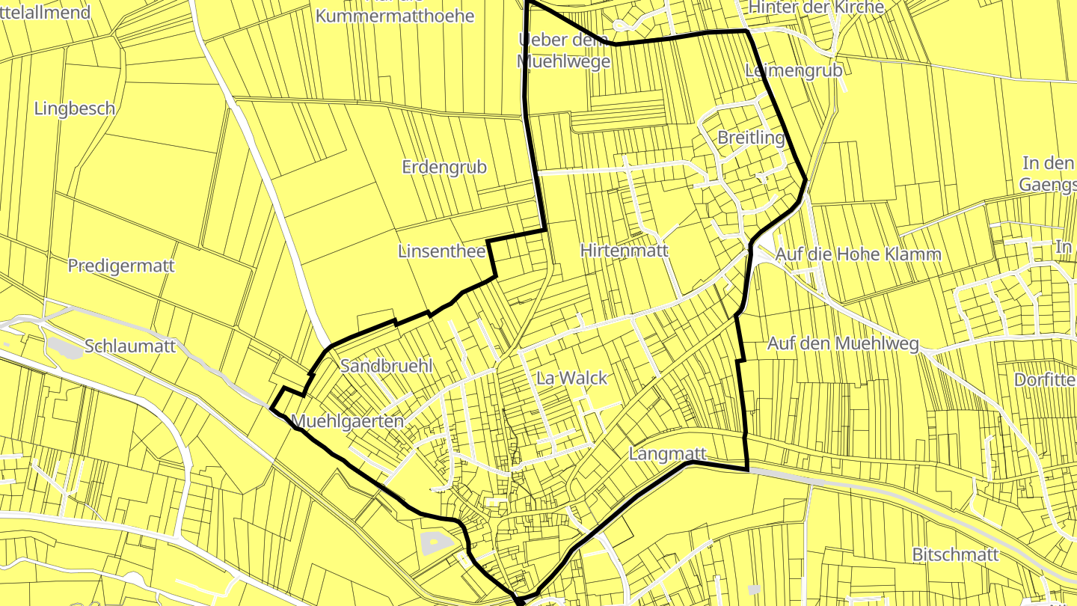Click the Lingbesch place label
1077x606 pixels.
coord(75,108)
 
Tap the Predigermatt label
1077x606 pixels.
coord(121,266)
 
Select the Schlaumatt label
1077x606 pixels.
coord(130,346)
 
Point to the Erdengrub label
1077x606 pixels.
coord(444,167)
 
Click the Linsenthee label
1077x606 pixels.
coord(441,251)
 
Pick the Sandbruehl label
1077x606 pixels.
coord(387,366)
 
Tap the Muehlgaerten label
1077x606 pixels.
coord(349,421)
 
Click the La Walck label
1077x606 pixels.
coord(572,378)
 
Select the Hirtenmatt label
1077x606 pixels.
coord(624,251)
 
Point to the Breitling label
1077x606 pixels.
coord(751,138)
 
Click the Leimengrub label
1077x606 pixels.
coord(794,70)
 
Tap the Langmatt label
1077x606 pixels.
coord(668,453)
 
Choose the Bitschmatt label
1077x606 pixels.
coord(955,554)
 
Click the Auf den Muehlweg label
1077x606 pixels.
coord(843,344)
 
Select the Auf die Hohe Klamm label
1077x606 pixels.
coord(858,254)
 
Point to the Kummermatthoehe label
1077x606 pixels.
coord(395,15)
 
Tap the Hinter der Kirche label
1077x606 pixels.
coord(816,7)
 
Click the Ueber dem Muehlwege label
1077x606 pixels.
coord(564,50)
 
